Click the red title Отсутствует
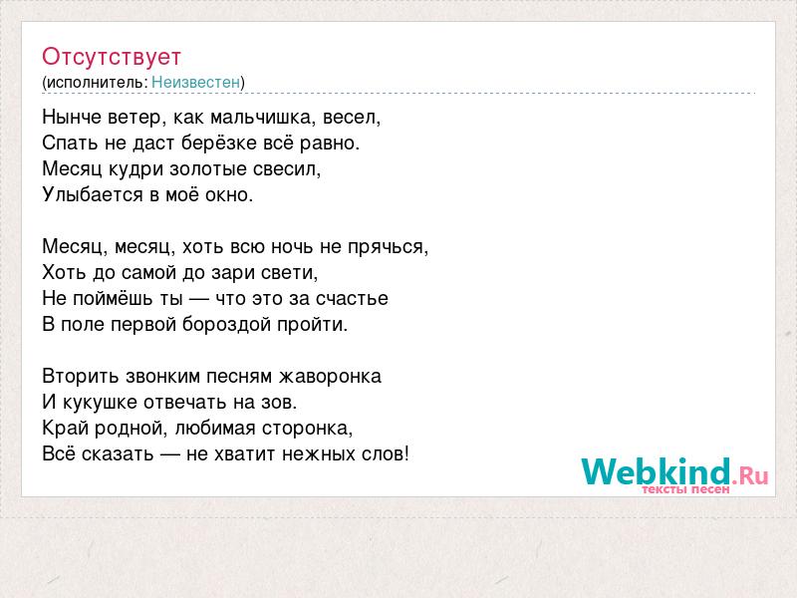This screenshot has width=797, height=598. point(112,57)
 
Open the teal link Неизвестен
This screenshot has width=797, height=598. point(195,82)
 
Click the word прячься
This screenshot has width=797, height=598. point(388,247)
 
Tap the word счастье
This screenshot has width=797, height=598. point(352,298)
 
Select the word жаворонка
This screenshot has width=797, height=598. point(330,377)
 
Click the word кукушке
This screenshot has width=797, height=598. point(101,403)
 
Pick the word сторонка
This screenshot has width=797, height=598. point(307,429)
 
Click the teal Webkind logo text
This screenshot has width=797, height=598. point(657,470)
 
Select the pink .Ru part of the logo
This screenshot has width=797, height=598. point(751,476)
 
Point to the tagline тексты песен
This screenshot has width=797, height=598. point(685,489)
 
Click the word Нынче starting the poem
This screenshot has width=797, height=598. point(72,118)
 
